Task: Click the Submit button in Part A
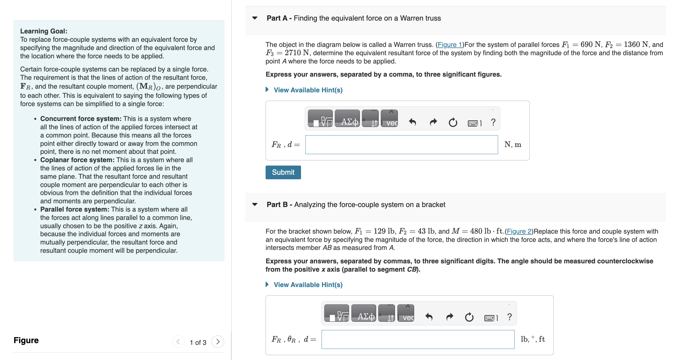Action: click(x=283, y=172)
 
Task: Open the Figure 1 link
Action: click(x=450, y=45)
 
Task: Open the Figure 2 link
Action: click(x=519, y=231)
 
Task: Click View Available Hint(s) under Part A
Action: click(x=308, y=90)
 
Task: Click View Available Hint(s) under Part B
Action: click(x=308, y=285)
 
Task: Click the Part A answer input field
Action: click(x=401, y=145)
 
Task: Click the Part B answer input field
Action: click(x=418, y=339)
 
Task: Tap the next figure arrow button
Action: click(x=218, y=342)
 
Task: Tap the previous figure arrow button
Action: click(x=178, y=342)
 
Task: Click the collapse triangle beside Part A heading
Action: click(x=255, y=18)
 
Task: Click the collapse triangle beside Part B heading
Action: click(x=255, y=204)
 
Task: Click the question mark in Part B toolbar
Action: click(x=509, y=317)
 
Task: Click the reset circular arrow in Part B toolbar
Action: click(x=469, y=317)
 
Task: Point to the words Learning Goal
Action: click(x=43, y=31)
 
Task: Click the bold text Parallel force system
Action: click(x=75, y=209)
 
